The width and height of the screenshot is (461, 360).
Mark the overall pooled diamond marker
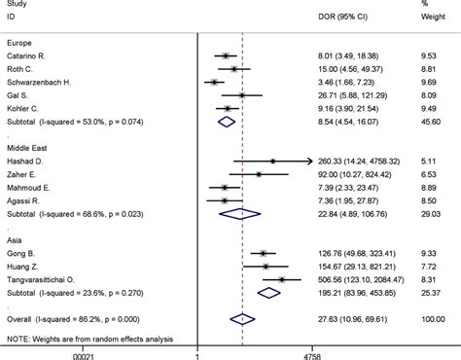click(240, 317)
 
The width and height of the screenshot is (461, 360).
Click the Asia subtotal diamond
click(268, 291)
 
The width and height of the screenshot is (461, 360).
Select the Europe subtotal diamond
click(227, 122)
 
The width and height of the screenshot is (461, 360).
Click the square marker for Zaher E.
click(259, 173)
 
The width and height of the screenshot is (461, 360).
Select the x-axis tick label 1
click(198, 354)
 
